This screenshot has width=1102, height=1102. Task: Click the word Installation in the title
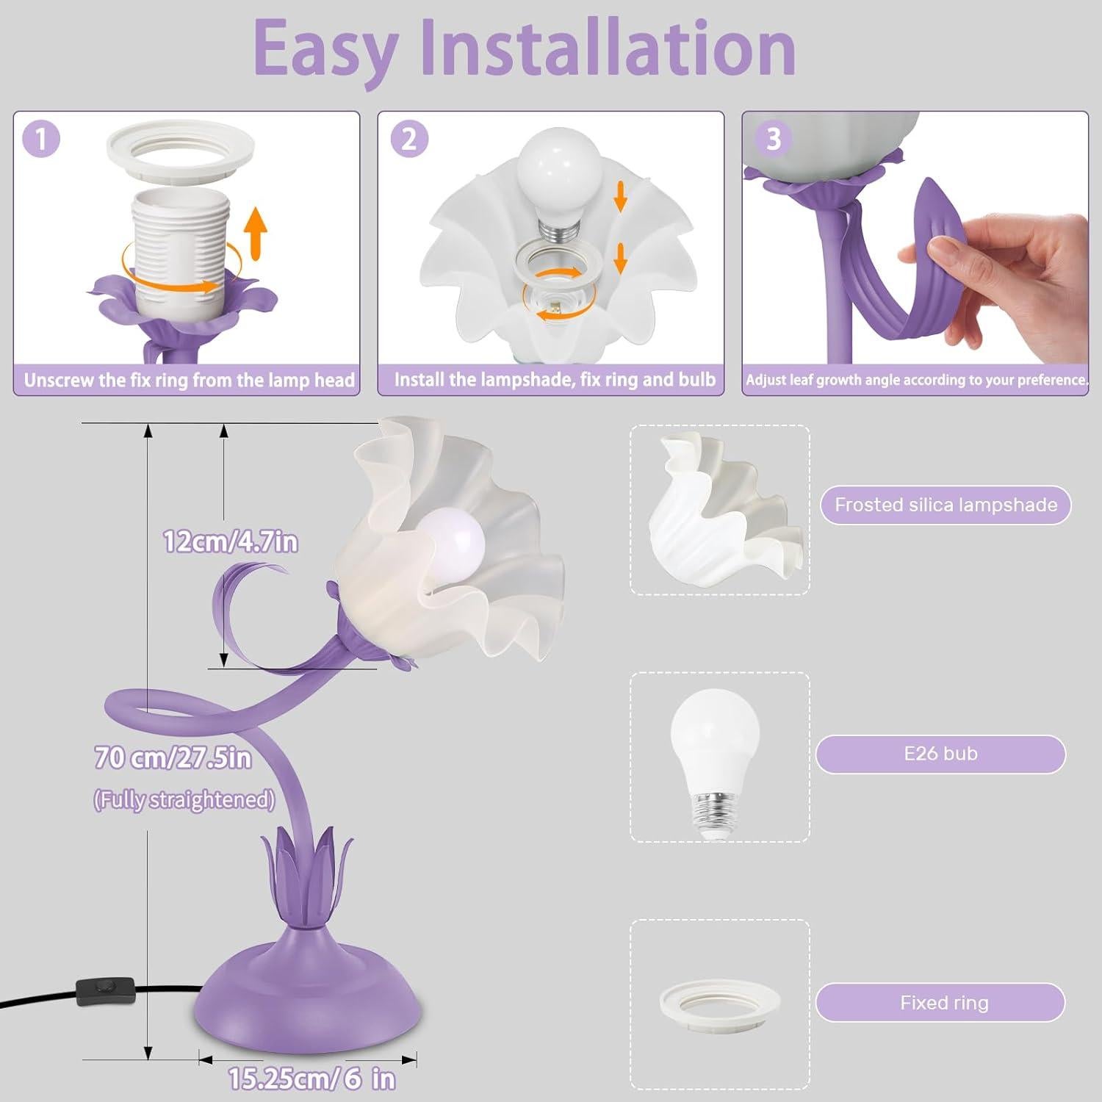610,48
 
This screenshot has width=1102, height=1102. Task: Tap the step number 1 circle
41,139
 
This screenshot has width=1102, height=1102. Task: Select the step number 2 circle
409,139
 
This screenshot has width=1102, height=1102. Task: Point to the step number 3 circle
773,139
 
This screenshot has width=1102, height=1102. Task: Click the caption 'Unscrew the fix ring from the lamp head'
189,380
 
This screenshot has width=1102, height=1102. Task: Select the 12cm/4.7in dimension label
230,542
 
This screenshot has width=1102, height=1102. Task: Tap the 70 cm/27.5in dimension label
173,757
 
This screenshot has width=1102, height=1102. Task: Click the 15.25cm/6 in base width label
311,1078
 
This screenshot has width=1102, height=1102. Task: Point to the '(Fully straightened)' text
184,799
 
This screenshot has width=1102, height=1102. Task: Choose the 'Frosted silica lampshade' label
946,505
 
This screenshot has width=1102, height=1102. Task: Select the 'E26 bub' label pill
940,754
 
